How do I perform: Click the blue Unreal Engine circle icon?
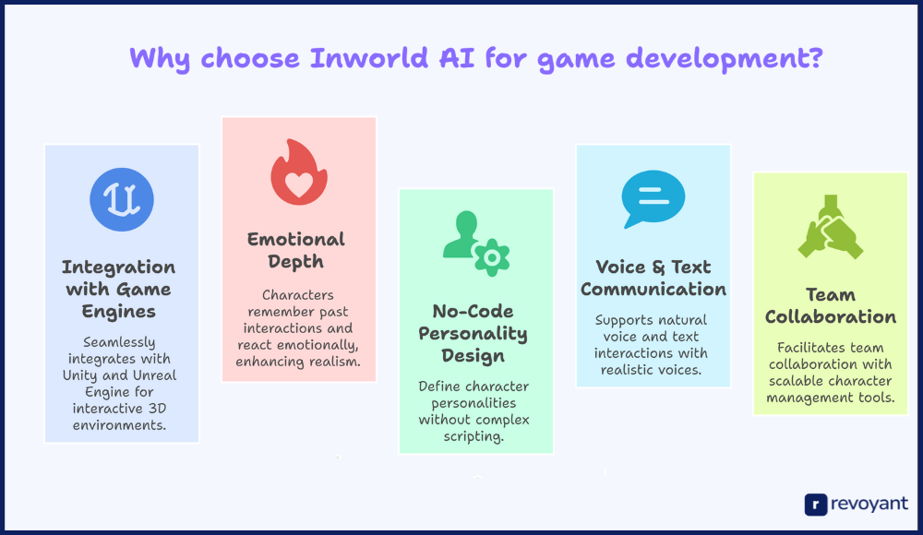click(x=122, y=199)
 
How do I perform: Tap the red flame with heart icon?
click(x=298, y=172)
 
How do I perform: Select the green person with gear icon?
click(x=476, y=244)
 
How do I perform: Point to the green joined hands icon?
click(x=831, y=227)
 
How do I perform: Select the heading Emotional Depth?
click(x=296, y=250)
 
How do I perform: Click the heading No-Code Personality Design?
click(x=473, y=333)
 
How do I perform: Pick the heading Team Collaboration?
click(x=831, y=305)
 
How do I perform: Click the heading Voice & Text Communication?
click(x=653, y=278)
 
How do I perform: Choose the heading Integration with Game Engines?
click(x=119, y=289)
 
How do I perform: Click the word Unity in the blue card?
click(x=81, y=375)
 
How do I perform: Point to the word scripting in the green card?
click(x=473, y=436)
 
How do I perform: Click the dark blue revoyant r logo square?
click(x=816, y=505)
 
